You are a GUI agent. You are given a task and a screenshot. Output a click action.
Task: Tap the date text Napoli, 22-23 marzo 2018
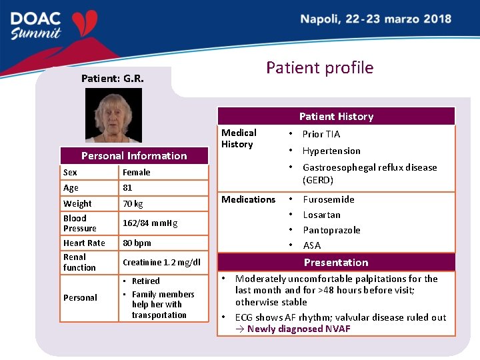pos(375,19)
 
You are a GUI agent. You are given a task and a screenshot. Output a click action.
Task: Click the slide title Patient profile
pos(319,67)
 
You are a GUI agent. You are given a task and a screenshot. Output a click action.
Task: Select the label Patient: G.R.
pos(112,79)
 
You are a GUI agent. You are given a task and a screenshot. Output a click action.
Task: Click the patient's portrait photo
pos(113,115)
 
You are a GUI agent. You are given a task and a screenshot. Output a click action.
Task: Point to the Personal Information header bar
pos(134,155)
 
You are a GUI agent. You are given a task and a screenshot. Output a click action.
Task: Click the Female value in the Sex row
pos(136,172)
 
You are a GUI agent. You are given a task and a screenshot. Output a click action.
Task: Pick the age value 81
pos(127,188)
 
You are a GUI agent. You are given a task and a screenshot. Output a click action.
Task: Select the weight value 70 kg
pos(132,204)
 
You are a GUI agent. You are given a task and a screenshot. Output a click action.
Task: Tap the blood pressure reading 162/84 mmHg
pos(150,223)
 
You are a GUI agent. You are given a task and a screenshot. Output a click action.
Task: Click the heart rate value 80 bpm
pos(137,243)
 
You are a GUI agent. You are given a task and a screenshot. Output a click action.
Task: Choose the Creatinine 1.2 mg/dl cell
pos(161,263)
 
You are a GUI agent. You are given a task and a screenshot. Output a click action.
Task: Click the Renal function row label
pos(79,262)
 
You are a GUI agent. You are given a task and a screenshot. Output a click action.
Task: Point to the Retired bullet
pos(145,281)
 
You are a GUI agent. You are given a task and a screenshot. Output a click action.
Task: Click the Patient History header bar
pos(336,116)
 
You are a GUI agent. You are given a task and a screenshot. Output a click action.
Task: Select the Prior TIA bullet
pos(321,134)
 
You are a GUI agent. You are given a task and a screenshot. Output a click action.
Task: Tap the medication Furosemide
pos(328,199)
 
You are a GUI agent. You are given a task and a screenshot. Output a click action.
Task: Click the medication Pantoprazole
pos(331,230)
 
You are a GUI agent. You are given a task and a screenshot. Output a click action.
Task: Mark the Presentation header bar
pos(336,262)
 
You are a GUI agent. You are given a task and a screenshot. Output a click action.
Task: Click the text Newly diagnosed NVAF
pos(298,329)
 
